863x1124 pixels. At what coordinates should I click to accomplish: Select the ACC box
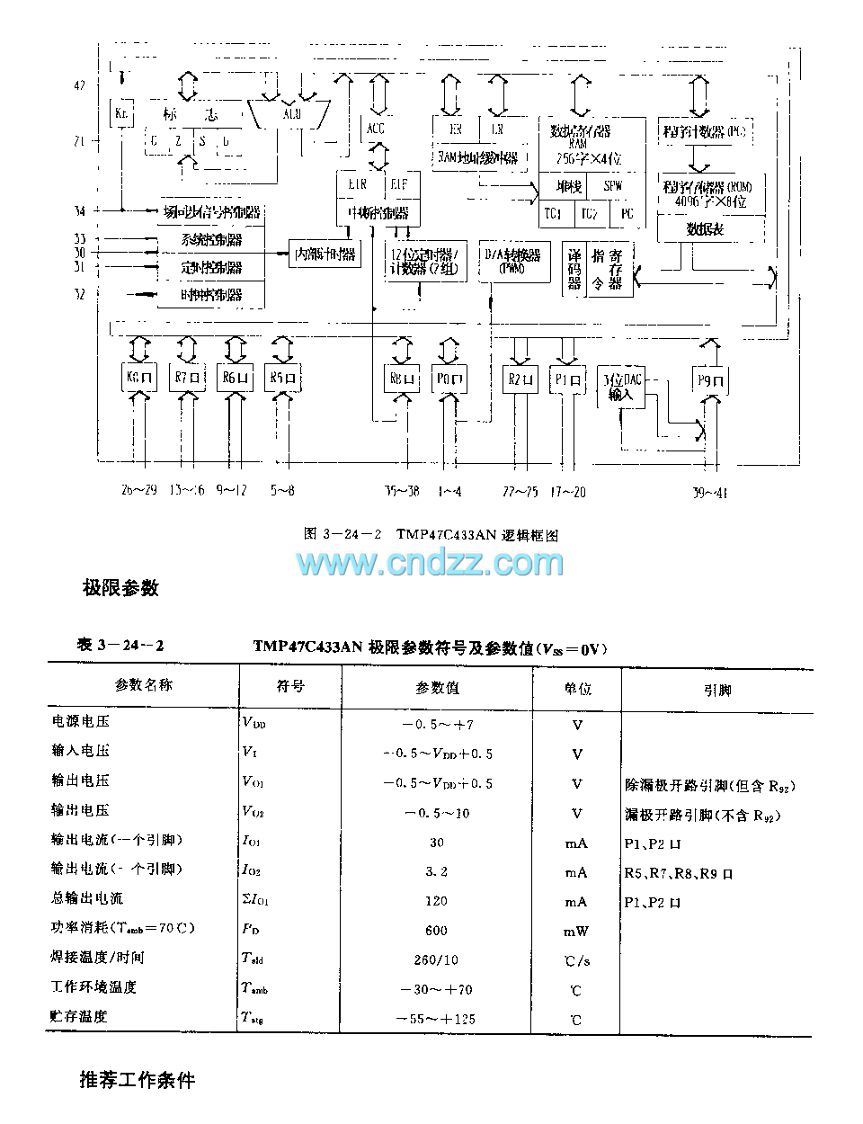376,129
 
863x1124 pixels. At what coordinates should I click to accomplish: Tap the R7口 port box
187,378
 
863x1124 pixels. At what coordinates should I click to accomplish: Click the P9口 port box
709,379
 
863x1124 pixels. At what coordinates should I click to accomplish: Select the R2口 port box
519,378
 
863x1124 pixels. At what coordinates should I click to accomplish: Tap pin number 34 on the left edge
80,210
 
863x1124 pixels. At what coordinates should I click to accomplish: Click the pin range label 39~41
710,491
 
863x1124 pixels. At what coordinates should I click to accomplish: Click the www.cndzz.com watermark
431,564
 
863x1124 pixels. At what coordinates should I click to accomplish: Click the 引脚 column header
716,691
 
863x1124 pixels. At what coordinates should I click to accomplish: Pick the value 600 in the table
436,931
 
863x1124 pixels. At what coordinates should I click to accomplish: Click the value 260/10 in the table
436,960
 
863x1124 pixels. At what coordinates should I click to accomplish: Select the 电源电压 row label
81,721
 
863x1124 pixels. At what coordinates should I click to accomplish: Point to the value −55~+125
436,1019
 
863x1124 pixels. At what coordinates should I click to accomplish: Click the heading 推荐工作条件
137,1079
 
